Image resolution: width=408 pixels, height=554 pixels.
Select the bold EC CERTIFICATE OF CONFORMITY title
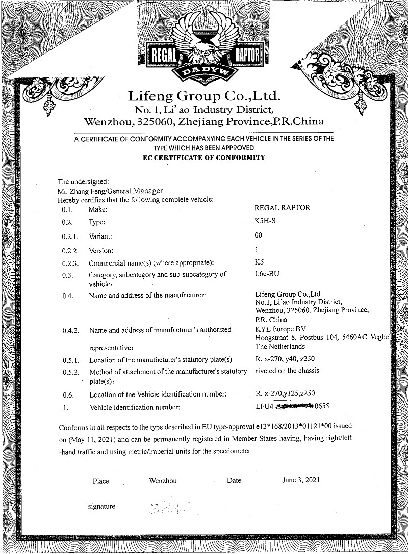204,157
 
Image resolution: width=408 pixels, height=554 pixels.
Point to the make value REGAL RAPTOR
282,208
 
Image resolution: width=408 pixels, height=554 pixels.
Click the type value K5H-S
265,222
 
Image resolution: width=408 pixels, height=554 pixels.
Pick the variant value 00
258,235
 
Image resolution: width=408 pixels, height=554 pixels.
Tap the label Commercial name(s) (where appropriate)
151,263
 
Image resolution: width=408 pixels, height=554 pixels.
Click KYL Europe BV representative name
280,329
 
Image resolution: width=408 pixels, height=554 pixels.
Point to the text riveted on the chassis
288,371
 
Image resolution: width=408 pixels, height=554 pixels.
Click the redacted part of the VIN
294,407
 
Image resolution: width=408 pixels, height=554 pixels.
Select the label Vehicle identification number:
135,407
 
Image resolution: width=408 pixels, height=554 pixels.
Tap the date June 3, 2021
300,480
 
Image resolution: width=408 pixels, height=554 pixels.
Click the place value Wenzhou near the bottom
163,481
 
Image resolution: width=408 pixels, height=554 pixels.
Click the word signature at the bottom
101,506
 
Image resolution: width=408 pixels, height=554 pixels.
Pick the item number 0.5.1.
70,360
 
